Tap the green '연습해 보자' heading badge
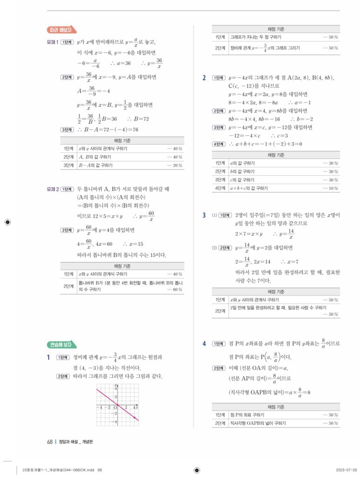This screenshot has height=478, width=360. tap(60, 345)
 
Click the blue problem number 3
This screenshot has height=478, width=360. tap(204, 215)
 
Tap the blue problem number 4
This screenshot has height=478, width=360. tap(204, 344)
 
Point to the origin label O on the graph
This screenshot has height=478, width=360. tap(115, 407)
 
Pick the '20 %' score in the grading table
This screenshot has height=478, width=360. tap(175, 165)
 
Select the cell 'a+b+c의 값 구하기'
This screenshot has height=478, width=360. tap(249, 188)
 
